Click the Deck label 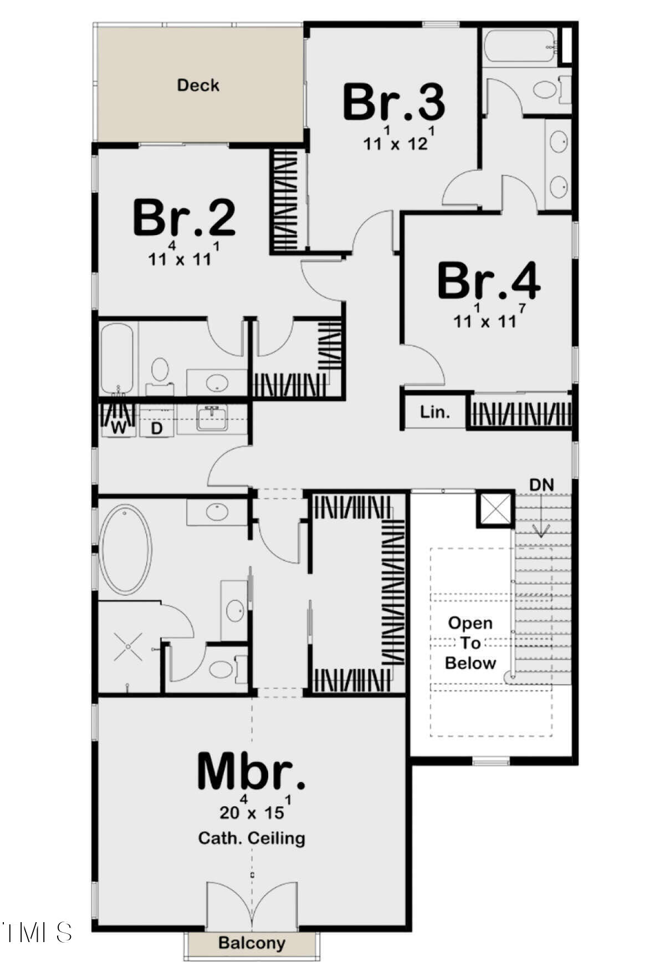198,85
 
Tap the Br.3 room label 393,103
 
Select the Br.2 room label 184,218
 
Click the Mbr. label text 251,771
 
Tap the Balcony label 252,943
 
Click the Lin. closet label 435,412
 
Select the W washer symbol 119,427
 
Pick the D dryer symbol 157,428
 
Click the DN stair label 541,485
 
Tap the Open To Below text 470,643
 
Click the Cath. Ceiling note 252,837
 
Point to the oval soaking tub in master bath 126,549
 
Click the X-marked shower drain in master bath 128,646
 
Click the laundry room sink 211,417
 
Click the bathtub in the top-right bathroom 519,47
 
